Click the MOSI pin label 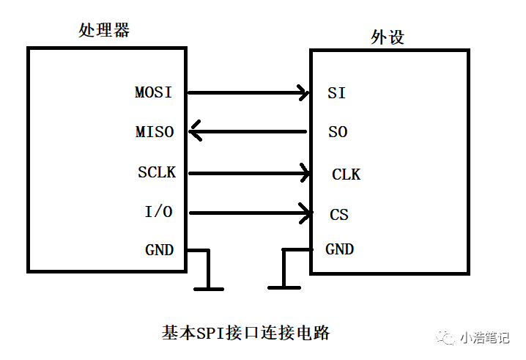[153, 93]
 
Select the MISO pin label [155, 133]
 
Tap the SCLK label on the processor [156, 173]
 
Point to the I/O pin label [158, 213]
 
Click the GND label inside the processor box [159, 250]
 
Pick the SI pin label [336, 94]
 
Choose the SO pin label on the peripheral [337, 133]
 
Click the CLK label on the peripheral [346, 175]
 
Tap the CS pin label [338, 215]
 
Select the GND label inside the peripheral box [339, 249]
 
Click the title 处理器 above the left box [104, 30]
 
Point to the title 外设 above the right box [388, 37]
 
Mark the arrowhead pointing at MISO [194, 133]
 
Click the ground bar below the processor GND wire [209, 289]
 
